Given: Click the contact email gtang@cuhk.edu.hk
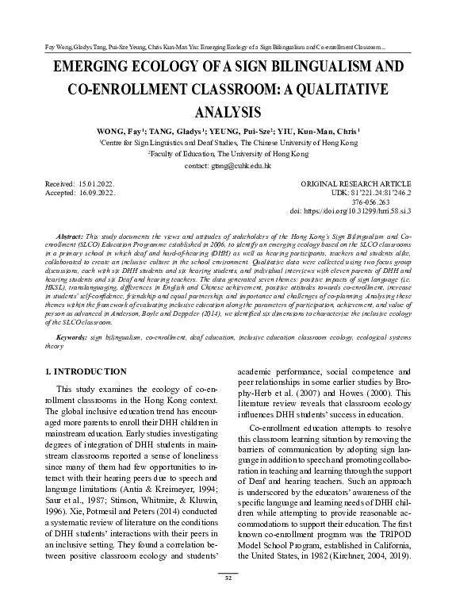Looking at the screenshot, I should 239,166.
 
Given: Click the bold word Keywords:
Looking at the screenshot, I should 75,337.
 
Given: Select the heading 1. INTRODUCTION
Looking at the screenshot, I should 86,371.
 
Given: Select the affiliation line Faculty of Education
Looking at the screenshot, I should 228,154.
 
